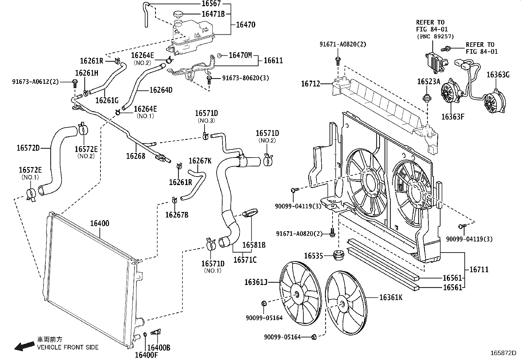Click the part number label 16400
click(x=99, y=224)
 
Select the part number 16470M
click(x=240, y=55)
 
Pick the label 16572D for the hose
click(x=28, y=148)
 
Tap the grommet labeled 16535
click(x=337, y=255)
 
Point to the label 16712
click(x=311, y=84)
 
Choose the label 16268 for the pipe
click(x=135, y=156)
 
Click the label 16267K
click(x=200, y=161)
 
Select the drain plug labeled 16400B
click(x=156, y=332)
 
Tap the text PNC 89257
click(x=435, y=37)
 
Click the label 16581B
click(x=254, y=245)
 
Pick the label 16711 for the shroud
click(x=479, y=270)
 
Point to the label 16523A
click(x=428, y=82)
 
